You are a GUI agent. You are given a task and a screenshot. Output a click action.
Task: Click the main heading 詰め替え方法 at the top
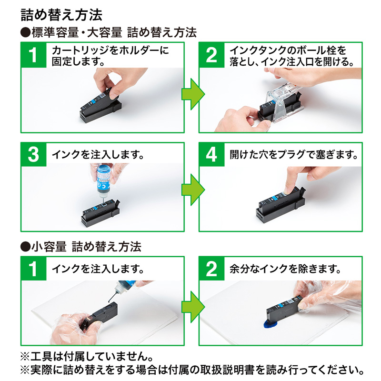(61, 15)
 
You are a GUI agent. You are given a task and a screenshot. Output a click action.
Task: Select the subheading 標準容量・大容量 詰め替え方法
(109, 33)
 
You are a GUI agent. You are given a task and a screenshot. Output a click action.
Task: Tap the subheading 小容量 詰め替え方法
(81, 247)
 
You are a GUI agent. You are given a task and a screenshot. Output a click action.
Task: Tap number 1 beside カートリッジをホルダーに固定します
(33, 55)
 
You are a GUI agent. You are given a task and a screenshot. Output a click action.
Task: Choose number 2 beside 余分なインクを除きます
(211, 269)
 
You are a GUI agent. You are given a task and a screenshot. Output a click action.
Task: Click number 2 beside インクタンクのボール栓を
(211, 55)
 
